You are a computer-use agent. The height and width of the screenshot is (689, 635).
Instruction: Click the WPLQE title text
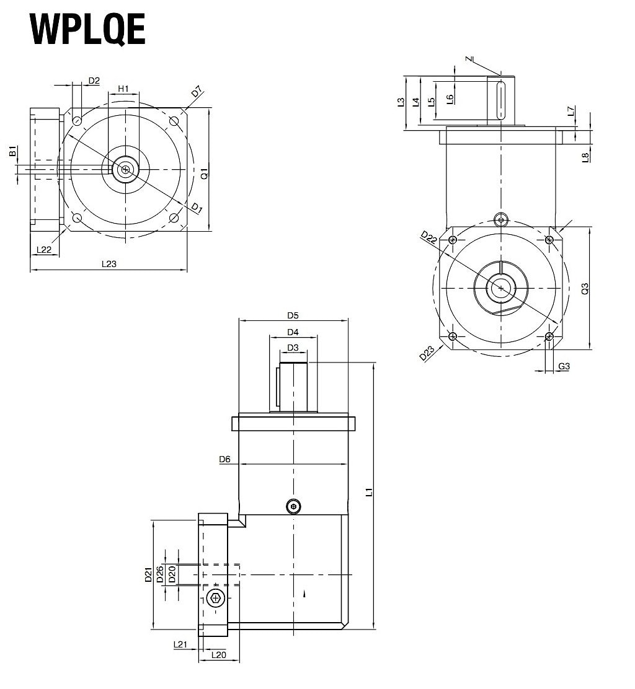click(87, 29)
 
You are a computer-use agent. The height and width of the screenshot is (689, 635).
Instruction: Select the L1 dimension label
click(369, 493)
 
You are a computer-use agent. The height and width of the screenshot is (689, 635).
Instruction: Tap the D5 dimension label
click(293, 315)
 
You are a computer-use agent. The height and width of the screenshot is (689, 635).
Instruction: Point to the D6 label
click(224, 459)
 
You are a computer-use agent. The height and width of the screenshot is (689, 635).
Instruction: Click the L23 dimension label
click(109, 264)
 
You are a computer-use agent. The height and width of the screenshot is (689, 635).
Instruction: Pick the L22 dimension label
click(43, 250)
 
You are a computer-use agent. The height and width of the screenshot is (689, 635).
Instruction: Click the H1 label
click(123, 89)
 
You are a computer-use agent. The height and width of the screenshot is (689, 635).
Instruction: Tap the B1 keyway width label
click(12, 151)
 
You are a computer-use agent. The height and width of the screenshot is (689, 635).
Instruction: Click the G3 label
click(564, 366)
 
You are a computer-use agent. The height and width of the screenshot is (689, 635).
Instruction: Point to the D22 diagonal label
click(429, 237)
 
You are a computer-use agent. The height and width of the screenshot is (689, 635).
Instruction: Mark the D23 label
click(427, 353)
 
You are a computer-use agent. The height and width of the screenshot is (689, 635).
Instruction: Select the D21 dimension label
click(149, 575)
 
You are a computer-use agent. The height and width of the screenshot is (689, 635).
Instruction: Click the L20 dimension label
click(218, 654)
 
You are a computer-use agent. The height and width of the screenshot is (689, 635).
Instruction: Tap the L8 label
click(585, 157)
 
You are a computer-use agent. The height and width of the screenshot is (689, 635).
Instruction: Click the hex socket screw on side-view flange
click(215, 599)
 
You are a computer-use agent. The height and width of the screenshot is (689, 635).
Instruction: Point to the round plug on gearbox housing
click(294, 507)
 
